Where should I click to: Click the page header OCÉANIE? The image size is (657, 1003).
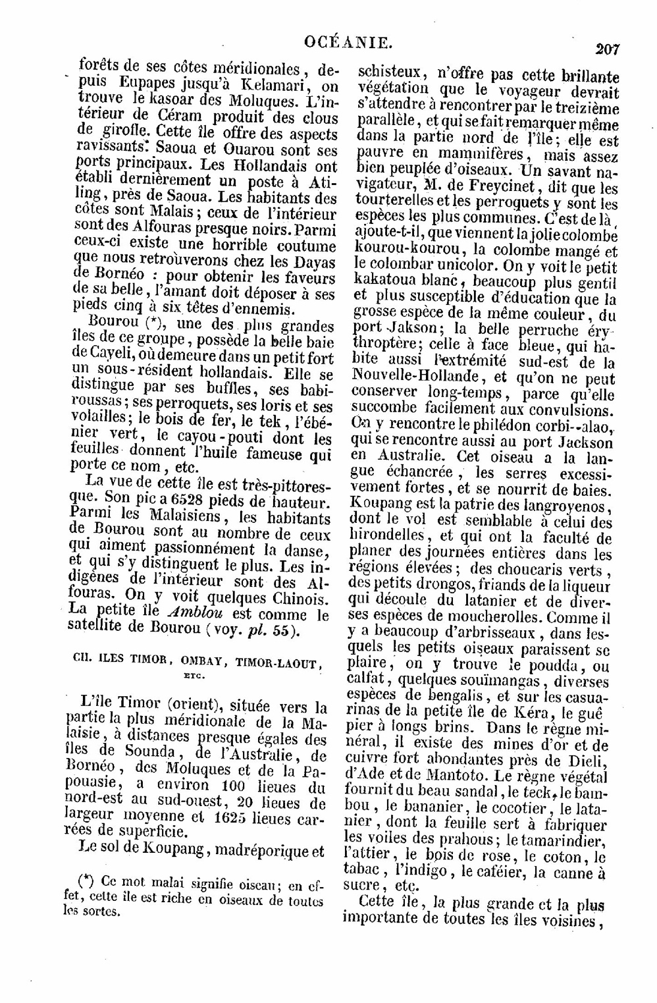(348, 43)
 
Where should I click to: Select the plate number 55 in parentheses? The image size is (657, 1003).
(280, 630)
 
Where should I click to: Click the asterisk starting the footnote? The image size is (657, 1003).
(84, 881)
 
